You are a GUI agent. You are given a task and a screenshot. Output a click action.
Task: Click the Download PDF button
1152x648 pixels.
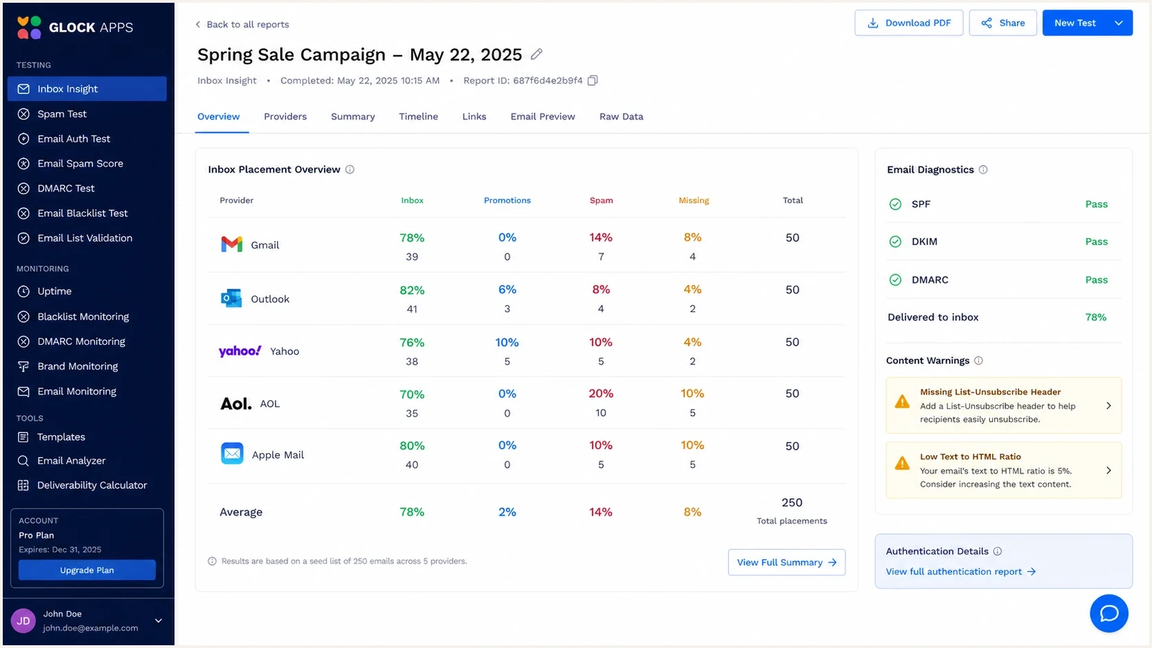click(909, 23)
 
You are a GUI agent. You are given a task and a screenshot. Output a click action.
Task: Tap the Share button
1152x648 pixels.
click(1003, 23)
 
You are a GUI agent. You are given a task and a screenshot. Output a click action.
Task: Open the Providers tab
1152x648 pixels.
click(285, 116)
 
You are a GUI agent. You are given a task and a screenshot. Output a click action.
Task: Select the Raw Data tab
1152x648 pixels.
click(621, 116)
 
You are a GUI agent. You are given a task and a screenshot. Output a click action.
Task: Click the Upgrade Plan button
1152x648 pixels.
click(87, 570)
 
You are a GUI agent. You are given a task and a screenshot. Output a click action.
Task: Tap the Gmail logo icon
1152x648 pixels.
click(232, 244)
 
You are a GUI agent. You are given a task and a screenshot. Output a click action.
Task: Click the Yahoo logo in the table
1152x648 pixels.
click(240, 351)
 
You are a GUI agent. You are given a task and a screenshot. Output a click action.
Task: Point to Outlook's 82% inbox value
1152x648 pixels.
click(412, 291)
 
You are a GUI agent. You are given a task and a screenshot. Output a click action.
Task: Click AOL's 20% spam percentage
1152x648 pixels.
click(601, 394)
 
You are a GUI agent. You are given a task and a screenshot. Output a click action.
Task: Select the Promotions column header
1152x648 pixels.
click(507, 200)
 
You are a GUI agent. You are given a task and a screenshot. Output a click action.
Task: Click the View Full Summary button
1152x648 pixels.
click(786, 562)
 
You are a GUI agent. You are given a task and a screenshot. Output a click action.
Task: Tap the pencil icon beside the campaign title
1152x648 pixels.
click(537, 54)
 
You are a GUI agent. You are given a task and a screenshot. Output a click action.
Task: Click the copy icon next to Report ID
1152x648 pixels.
click(593, 81)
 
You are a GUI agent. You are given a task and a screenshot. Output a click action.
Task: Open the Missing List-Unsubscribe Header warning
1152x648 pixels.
click(1003, 406)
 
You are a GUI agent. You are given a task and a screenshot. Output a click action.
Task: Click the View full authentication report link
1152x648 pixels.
click(960, 572)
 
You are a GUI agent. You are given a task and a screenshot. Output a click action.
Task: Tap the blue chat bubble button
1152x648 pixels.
click(1109, 613)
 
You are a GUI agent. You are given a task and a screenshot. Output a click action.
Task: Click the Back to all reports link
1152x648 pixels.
click(243, 25)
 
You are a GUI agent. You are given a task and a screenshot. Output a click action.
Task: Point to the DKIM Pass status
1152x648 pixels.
click(1096, 242)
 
